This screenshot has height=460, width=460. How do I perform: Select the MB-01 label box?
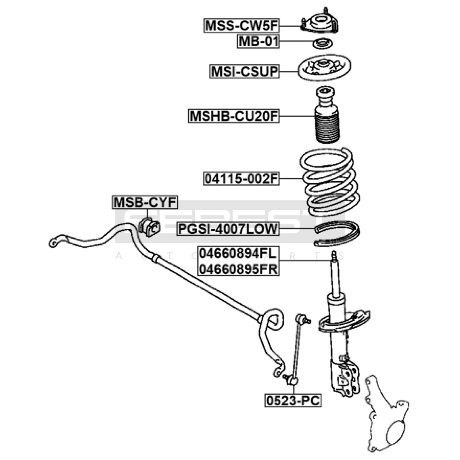258,41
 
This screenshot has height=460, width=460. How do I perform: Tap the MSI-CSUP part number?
245,71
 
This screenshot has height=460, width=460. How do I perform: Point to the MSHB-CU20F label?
234,116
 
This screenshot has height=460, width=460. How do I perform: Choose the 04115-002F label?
241,179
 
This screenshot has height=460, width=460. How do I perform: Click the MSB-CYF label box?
145,202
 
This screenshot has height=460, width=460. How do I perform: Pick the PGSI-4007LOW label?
228,229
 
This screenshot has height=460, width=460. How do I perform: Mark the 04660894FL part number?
238,254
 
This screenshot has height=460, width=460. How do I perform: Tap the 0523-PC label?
293,400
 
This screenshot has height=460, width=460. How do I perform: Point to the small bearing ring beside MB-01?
323,44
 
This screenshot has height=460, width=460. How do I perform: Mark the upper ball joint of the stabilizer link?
300,319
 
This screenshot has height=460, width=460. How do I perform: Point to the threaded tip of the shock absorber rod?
334,256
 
